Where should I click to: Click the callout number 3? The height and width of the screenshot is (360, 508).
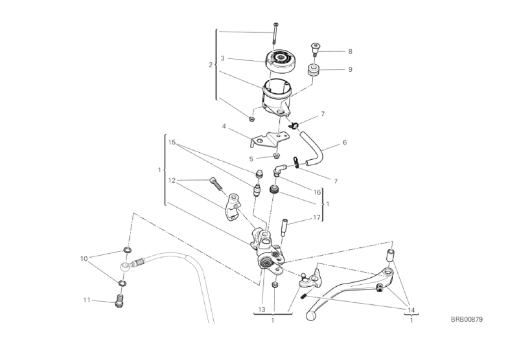pyautogui.click(x=222, y=58)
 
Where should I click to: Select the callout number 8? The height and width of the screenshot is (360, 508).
pyautogui.click(x=350, y=51)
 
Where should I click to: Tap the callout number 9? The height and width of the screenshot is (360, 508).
pyautogui.click(x=350, y=69)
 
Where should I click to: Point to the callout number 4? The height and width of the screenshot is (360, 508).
pyautogui.click(x=224, y=127)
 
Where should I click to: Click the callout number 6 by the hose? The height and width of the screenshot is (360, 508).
pyautogui.click(x=345, y=142)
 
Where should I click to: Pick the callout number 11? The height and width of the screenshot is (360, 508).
pyautogui.click(x=86, y=300)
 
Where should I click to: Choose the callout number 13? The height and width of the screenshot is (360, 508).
pyautogui.click(x=262, y=309)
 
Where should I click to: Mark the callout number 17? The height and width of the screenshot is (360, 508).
pyautogui.click(x=316, y=218)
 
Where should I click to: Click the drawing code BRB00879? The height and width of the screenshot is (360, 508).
pyautogui.click(x=468, y=319)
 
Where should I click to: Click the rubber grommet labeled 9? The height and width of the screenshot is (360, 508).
pyautogui.click(x=314, y=69)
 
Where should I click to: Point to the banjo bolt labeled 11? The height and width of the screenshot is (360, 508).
pyautogui.click(x=118, y=301)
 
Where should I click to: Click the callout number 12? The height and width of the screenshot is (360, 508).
pyautogui.click(x=172, y=180)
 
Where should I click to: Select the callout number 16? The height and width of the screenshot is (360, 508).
pyautogui.click(x=317, y=192)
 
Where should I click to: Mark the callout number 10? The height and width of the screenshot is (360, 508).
pyautogui.click(x=84, y=258)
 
